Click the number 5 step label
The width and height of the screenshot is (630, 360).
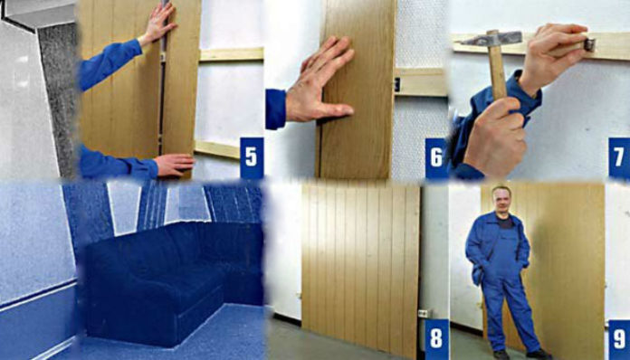[x=252, y=157]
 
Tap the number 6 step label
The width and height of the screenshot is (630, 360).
[x=436, y=157]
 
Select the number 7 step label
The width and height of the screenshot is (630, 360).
[x=619, y=157]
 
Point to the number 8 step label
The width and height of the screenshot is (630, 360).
[x=436, y=338]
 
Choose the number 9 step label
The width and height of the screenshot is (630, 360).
[x=619, y=339]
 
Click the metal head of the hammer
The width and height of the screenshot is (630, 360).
[x=492, y=38]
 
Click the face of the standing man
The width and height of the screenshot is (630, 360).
[x=501, y=200]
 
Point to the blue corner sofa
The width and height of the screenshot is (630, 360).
[x=173, y=281]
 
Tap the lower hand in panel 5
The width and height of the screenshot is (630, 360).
[x=174, y=165]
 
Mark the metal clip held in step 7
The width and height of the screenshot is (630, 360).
[x=589, y=43]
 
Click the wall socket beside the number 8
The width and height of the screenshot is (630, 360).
[x=425, y=312]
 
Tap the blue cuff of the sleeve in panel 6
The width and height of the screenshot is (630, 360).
[x=275, y=109]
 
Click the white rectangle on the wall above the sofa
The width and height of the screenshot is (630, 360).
[x=124, y=208]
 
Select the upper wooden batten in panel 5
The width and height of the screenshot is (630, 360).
[x=232, y=54]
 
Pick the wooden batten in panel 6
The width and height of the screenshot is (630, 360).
[x=421, y=82]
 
